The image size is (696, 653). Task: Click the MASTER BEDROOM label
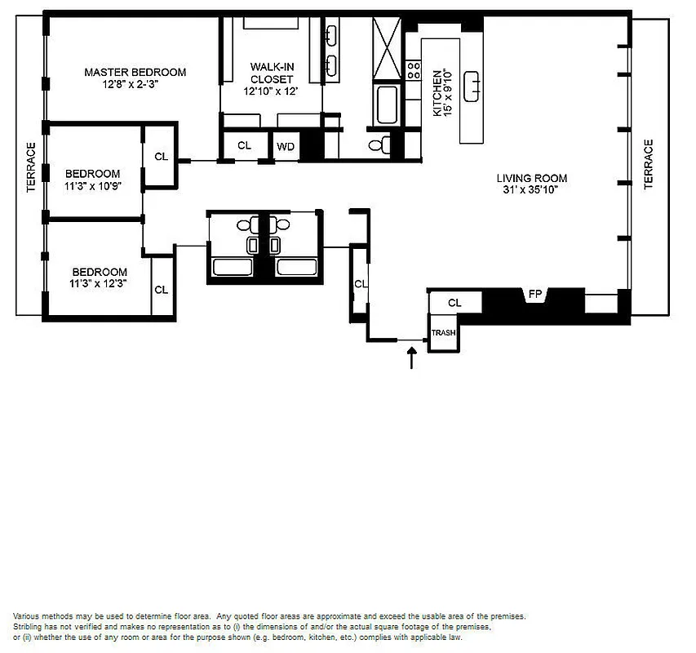coord(135,72)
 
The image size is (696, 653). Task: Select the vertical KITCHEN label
coord(438,91)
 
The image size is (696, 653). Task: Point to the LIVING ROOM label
coord(532,178)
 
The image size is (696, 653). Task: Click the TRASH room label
coord(443,333)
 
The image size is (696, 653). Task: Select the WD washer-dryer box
coord(286,146)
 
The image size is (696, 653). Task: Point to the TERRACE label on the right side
coord(649,164)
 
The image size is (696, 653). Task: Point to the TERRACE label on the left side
coord(31,167)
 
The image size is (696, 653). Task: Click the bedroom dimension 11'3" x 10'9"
coord(93,185)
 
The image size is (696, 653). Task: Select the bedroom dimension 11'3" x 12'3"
coord(100,284)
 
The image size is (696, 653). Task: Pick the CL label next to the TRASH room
coord(454,303)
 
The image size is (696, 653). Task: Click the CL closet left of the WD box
coord(244,145)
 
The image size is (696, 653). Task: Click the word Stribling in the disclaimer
coord(30,625)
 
